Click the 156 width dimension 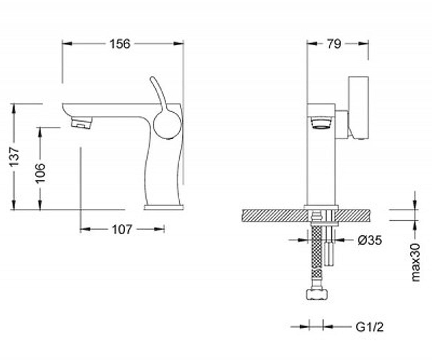[x=120, y=44]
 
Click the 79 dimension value [x=334, y=44]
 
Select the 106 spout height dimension [x=40, y=173]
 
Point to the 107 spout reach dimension [x=122, y=229]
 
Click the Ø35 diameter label [x=370, y=240]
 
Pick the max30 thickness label [x=416, y=262]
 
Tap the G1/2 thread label [x=370, y=327]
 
